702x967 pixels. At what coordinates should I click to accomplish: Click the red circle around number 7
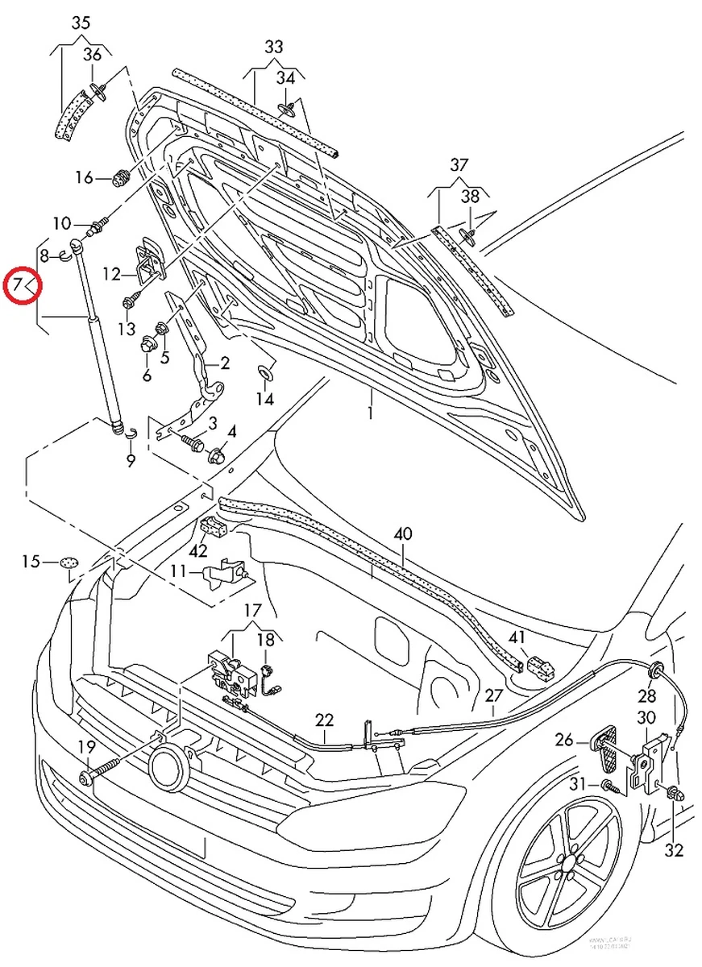click(x=20, y=285)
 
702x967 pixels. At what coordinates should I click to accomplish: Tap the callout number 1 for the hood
click(x=371, y=413)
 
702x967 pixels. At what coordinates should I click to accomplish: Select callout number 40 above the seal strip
click(x=403, y=534)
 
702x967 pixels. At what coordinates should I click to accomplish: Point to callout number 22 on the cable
click(x=324, y=720)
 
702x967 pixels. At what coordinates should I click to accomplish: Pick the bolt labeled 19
click(x=87, y=777)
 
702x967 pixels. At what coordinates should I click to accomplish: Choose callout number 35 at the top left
click(x=81, y=23)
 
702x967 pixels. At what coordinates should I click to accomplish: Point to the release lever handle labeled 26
click(x=609, y=746)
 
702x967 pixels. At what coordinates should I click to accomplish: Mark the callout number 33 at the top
click(x=274, y=47)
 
